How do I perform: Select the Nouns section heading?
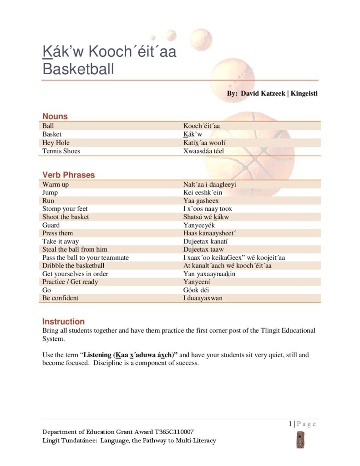click(x=55, y=116)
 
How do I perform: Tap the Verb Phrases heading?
click(x=68, y=175)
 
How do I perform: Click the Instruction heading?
click(x=63, y=321)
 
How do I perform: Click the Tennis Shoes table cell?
click(x=61, y=151)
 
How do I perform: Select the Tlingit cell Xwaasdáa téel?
click(x=203, y=151)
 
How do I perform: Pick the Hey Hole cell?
click(x=56, y=142)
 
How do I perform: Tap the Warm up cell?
click(x=56, y=184)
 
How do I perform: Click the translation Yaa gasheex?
click(x=201, y=201)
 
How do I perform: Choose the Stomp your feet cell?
click(x=65, y=209)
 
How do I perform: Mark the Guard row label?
click(x=51, y=225)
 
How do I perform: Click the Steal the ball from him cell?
click(x=75, y=249)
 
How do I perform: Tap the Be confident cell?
click(x=60, y=298)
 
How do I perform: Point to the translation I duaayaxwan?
click(x=203, y=298)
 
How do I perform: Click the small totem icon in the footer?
click(x=300, y=440)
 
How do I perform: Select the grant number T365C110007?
click(x=176, y=432)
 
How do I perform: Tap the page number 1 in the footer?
click(x=290, y=424)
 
